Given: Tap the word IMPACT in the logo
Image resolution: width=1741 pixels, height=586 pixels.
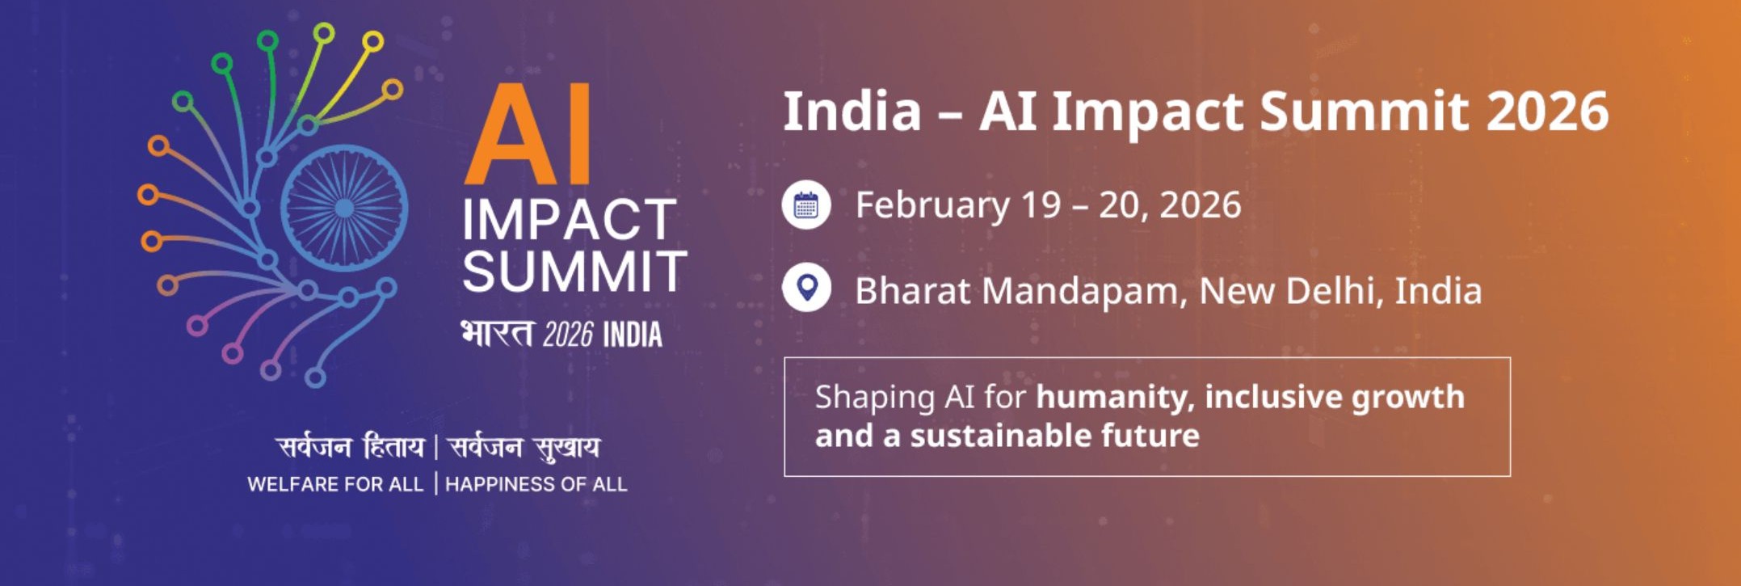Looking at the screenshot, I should tap(570, 220).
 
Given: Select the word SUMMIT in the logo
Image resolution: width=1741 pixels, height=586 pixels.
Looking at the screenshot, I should tap(574, 271).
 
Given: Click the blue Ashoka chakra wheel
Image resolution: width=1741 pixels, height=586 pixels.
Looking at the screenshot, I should tap(344, 208).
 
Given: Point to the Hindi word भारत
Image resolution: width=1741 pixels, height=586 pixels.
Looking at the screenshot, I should tap(497, 334).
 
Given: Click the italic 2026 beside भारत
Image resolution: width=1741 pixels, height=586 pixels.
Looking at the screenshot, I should tap(568, 335).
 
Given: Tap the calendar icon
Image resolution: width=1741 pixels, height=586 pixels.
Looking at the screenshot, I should tap(806, 205).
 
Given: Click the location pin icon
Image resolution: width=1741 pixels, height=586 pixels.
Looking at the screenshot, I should tap(806, 288).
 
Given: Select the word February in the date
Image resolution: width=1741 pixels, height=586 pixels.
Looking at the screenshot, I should tap(932, 205).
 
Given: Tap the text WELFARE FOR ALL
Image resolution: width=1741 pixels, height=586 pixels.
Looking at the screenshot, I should tap(335, 484).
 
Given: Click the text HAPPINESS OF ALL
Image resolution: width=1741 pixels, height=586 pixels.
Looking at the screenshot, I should tap(536, 484).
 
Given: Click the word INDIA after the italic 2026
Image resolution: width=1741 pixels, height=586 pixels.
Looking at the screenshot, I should tap(633, 335).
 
